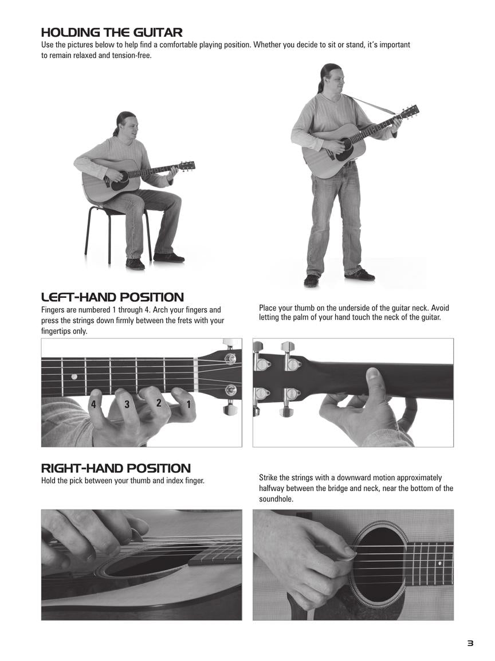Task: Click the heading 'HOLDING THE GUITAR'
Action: pyautogui.click(x=112, y=33)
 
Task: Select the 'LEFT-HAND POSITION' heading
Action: pyautogui.click(x=112, y=297)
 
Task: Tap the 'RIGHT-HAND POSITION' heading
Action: pyautogui.click(x=116, y=468)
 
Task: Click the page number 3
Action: pyautogui.click(x=470, y=643)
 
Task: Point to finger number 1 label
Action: pyautogui.click(x=188, y=405)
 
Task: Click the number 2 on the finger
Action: pyautogui.click(x=159, y=403)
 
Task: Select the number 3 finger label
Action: pyautogui.click(x=127, y=405)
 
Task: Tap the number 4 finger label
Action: pyautogui.click(x=93, y=405)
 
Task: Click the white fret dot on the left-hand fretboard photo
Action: pyautogui.click(x=74, y=376)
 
